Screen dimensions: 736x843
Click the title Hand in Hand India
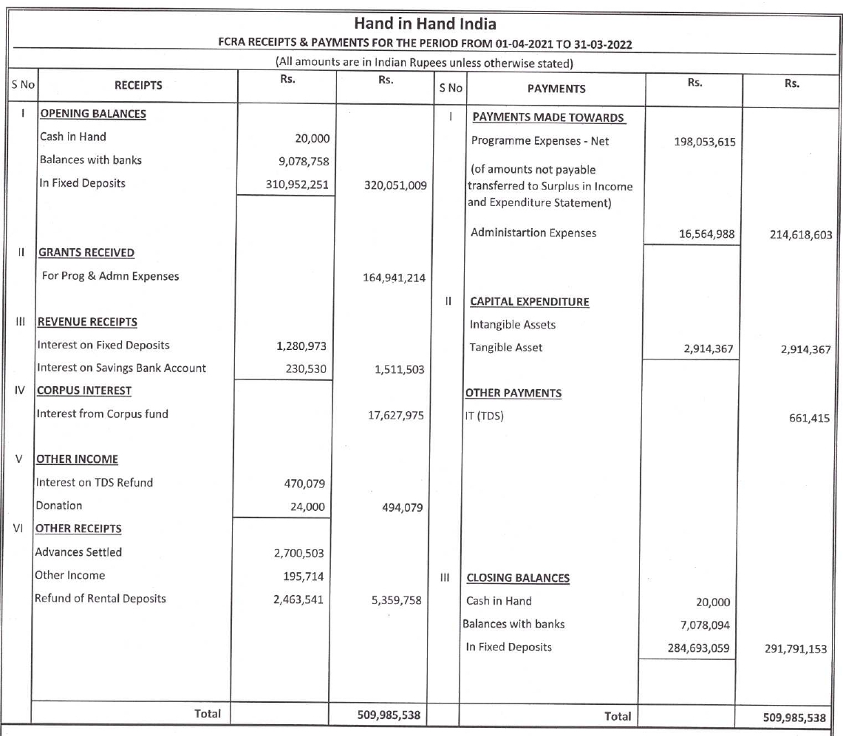[x=425, y=24]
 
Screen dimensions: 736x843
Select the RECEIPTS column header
[x=138, y=86]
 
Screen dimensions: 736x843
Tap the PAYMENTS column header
[x=556, y=89]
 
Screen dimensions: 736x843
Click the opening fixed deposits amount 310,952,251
[x=298, y=184]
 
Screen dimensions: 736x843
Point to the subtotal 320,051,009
[x=395, y=185]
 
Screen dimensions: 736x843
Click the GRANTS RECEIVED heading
[x=86, y=252]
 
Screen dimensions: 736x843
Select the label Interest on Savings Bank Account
[x=121, y=368]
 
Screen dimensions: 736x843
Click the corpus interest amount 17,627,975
[x=395, y=415]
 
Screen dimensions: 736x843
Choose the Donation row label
[x=59, y=506]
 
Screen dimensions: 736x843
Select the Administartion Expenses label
[x=533, y=233]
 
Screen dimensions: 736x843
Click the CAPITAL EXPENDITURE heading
[x=529, y=301]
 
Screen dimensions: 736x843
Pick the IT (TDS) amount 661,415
[x=809, y=419]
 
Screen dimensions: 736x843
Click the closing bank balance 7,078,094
[x=705, y=625]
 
